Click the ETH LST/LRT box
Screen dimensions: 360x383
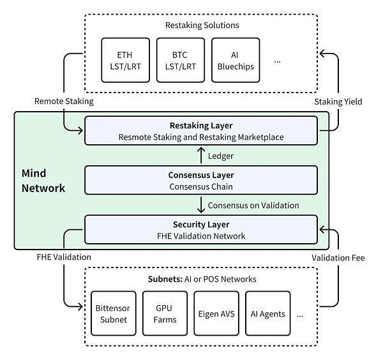tap(126, 60)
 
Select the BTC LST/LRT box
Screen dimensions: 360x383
tap(181, 60)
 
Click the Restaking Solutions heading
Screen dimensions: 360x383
tap(202, 26)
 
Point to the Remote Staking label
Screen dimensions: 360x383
tap(64, 101)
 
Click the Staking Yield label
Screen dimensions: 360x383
tap(339, 101)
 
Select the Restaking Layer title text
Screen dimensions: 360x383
tap(201, 125)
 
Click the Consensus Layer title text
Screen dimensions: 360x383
tap(201, 175)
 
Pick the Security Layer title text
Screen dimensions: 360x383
tap(201, 225)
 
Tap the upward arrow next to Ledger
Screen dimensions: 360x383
tap(202, 155)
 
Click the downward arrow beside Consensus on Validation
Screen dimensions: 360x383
tap(202, 205)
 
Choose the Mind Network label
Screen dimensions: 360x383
tap(43, 181)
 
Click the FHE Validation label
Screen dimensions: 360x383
tap(63, 257)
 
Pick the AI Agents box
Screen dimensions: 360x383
tap(267, 314)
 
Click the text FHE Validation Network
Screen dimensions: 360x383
tap(201, 236)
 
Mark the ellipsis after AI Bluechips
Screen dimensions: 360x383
tap(277, 61)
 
